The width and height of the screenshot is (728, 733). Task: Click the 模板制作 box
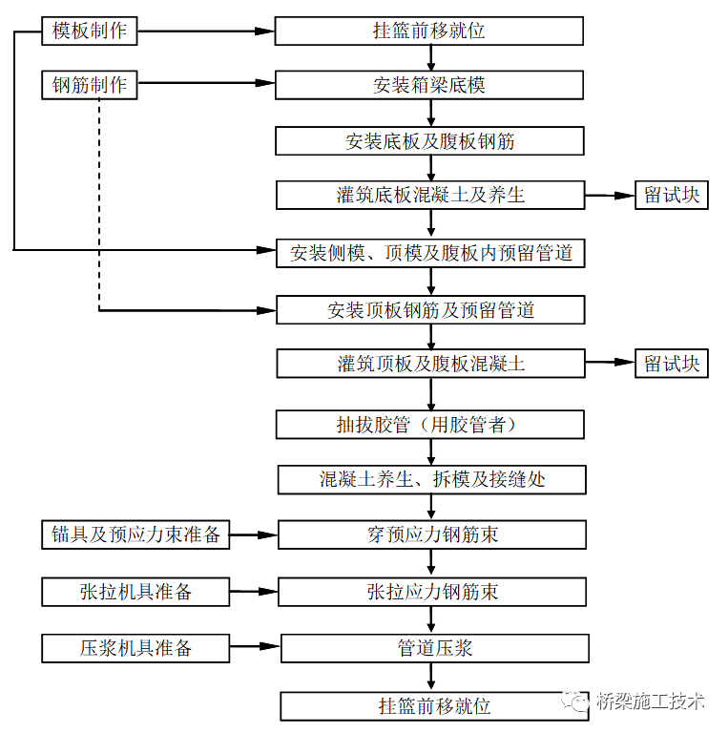coord(90,31)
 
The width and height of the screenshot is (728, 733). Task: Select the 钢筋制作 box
coord(90,85)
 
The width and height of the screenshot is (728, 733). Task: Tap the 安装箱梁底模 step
coord(429,85)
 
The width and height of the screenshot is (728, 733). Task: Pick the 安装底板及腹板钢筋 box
coord(429,141)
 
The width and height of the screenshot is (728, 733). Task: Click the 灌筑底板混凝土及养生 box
coord(430,196)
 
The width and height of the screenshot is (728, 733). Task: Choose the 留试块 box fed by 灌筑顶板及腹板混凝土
coord(672,364)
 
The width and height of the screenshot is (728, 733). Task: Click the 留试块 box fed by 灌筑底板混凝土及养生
coord(672,196)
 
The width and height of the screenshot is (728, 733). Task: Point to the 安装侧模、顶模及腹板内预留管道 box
coord(430,254)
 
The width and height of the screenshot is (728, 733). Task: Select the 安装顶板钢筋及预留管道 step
coord(430,310)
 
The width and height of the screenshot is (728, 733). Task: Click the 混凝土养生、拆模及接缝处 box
coord(431,479)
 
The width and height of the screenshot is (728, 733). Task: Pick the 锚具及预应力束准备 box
coord(135,534)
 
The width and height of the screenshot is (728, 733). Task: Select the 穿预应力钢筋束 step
coord(432,534)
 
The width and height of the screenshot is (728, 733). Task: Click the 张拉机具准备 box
coord(135,592)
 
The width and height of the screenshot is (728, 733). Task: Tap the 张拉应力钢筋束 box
coord(432,592)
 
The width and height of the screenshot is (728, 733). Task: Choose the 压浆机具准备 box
coord(135,648)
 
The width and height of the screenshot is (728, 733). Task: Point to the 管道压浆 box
coord(434,648)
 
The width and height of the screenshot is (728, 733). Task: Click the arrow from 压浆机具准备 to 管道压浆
coord(255,648)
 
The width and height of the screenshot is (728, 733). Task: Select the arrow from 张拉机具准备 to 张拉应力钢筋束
coord(254,592)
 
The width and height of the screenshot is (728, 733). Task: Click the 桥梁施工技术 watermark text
coord(651,702)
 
